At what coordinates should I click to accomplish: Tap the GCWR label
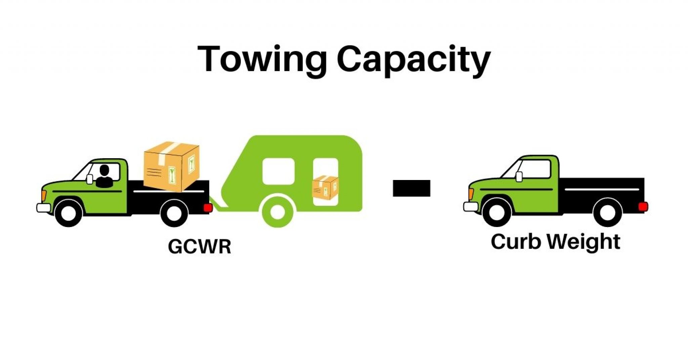click(200, 247)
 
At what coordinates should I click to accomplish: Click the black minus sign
click(411, 188)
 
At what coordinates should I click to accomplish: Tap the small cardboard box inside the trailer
click(325, 188)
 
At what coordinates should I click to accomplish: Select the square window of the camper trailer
click(278, 171)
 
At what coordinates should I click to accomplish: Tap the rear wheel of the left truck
click(174, 213)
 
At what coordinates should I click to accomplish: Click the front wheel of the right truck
click(497, 212)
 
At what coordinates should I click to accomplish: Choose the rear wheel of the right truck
click(607, 212)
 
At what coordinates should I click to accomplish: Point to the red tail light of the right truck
click(643, 207)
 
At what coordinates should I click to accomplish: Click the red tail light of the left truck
click(208, 208)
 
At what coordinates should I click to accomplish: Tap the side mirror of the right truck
click(519, 176)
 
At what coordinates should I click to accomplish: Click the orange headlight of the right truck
click(471, 194)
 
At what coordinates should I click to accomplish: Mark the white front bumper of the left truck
click(43, 208)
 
